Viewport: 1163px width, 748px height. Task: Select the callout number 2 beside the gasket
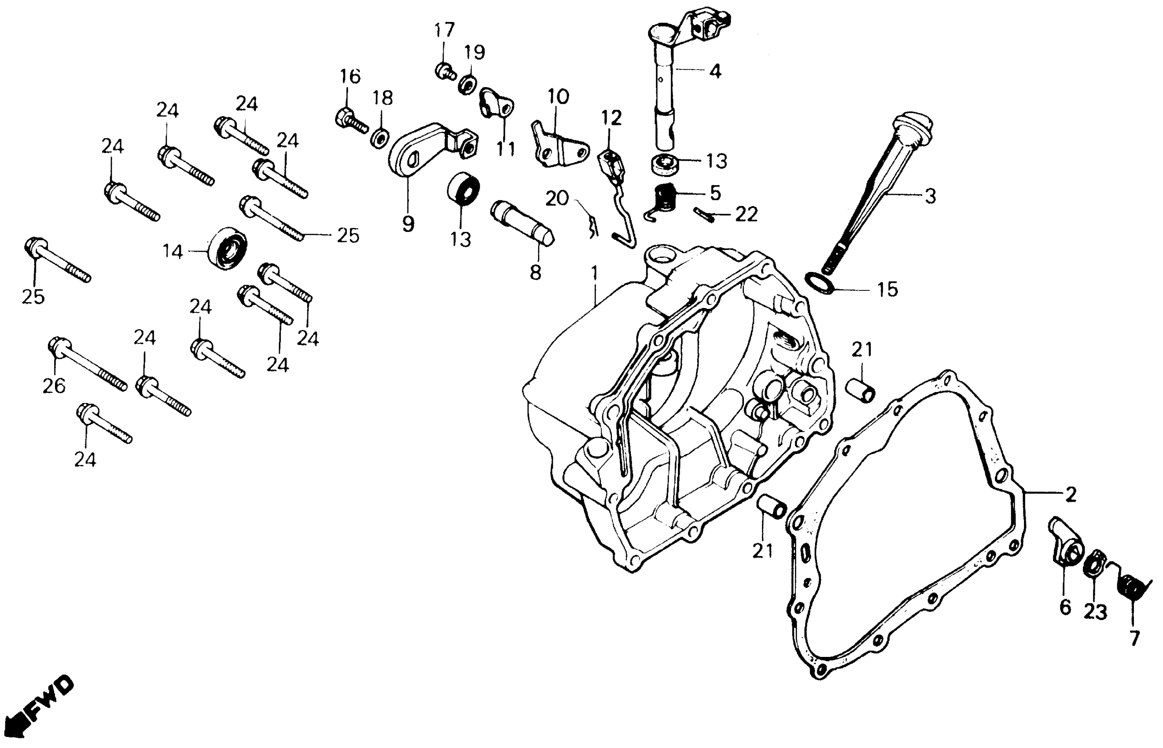(1071, 495)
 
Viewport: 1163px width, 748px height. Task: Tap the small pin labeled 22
(703, 214)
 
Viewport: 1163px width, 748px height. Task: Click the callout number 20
(556, 198)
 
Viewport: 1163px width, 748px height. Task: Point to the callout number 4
(714, 71)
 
